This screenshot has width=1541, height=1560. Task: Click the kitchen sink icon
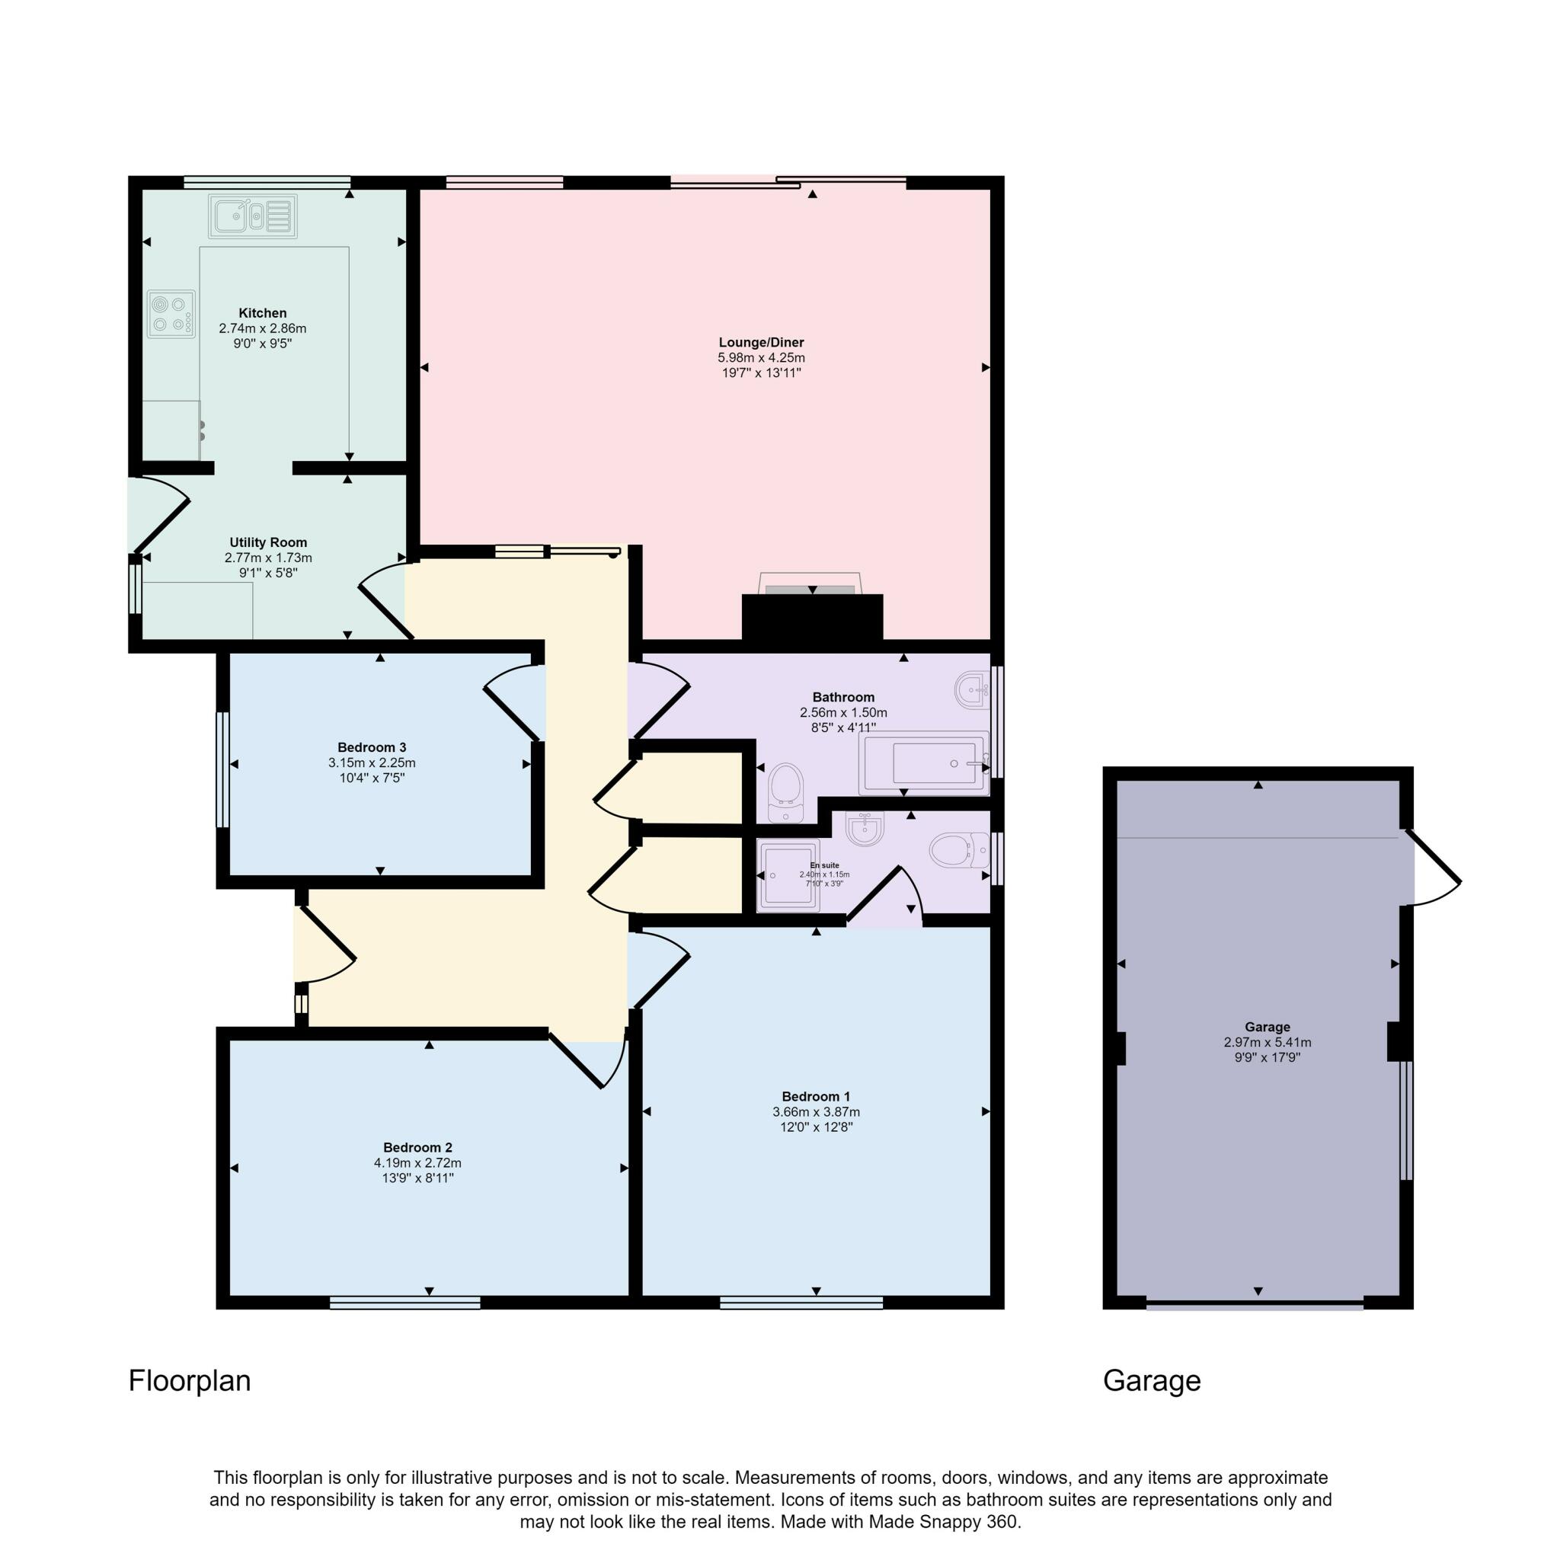pos(251,216)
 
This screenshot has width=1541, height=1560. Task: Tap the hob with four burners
pos(171,313)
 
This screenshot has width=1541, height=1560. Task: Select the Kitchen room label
pos(263,313)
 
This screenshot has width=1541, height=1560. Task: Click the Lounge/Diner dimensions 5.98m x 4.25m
pos(761,358)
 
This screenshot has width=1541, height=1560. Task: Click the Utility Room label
pos(268,542)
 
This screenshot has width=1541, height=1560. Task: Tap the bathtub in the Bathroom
pos(926,763)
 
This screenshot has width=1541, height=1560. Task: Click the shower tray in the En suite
pos(788,875)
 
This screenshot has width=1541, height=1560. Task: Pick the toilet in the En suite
pos(956,849)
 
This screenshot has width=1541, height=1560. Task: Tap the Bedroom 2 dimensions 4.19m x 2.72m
pos(417,1162)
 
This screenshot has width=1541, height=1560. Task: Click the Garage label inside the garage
pos(1267,1027)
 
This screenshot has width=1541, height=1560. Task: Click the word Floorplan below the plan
pos(189,1381)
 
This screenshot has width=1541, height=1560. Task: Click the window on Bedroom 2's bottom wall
pos(404,1303)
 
